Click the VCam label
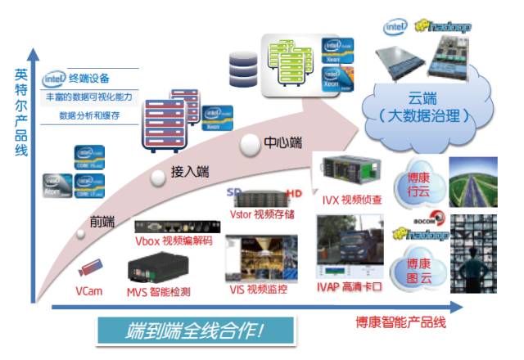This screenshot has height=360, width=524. (x=91, y=290)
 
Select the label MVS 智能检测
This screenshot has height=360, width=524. (x=159, y=291)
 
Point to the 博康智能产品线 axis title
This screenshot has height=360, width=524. (x=401, y=322)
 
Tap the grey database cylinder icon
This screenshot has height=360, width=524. (x=243, y=69)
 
